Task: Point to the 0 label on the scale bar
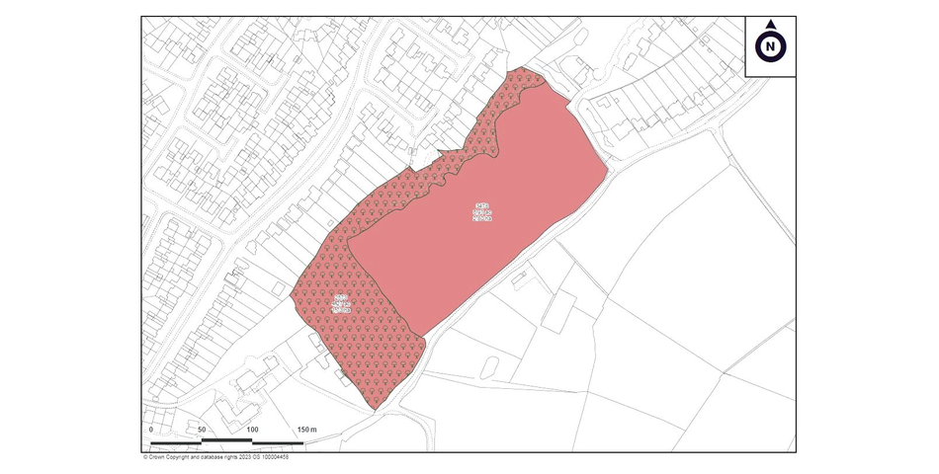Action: click(151, 430)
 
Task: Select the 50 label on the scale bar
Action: click(202, 430)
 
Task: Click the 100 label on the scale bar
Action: click(252, 430)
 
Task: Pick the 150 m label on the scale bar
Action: click(306, 430)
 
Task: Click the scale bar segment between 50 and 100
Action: click(226, 439)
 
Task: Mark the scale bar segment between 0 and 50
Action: click(176, 441)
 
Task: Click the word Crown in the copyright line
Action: click(160, 457)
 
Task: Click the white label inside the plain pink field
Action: click(482, 211)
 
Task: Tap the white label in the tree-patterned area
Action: click(341, 303)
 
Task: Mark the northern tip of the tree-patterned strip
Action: click(521, 69)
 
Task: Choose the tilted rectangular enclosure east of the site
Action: click(557, 313)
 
